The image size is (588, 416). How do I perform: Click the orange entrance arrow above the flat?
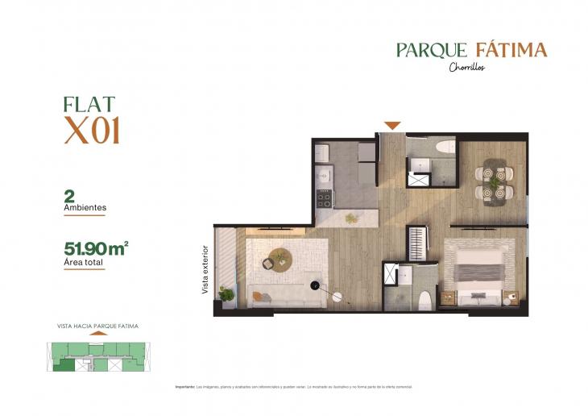point(392,125)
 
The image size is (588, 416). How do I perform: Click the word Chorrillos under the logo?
point(467,67)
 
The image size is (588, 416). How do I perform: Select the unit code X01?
point(92,131)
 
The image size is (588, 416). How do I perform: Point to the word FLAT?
point(89,104)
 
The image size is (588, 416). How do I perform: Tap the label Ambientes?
point(85,207)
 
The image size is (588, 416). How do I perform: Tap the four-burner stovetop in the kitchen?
point(325,198)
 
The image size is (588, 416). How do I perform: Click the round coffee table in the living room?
point(280,258)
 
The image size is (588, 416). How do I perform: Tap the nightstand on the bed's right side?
point(509,298)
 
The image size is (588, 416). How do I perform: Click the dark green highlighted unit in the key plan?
point(63,364)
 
